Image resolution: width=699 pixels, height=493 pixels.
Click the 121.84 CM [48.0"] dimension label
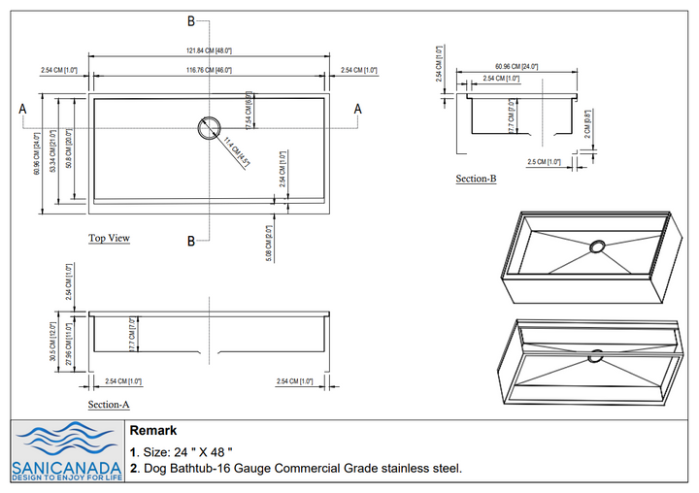[209, 49]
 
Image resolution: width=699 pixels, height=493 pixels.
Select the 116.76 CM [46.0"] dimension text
[209, 70]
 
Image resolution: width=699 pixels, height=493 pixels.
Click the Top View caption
[109, 238]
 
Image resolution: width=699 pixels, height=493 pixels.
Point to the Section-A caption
[109, 404]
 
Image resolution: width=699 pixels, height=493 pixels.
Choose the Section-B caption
[476, 179]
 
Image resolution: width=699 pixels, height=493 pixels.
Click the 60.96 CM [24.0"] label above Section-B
[516, 66]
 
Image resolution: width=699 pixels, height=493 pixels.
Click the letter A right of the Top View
[357, 109]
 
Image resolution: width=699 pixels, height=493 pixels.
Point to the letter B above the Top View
[191, 20]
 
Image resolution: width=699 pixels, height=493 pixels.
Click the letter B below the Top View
[191, 241]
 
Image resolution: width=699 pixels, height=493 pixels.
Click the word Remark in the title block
[152, 430]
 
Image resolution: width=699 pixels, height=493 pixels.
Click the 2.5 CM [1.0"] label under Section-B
[544, 162]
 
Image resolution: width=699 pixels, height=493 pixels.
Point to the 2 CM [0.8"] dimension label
[588, 125]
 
